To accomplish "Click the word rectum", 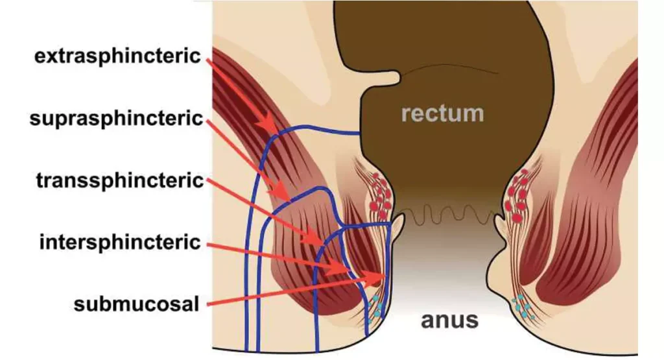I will [442, 114].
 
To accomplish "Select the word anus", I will [449, 319].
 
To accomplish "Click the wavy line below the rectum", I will [447, 214].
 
